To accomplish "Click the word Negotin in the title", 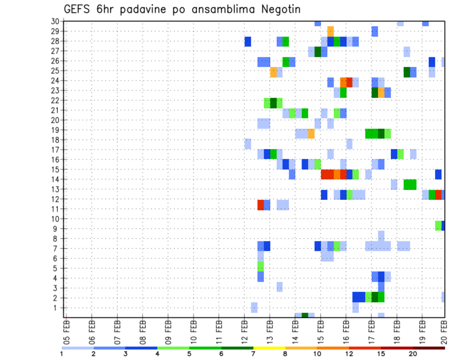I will pyautogui.click(x=276, y=10).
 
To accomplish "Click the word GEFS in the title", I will pyautogui.click(x=79, y=10).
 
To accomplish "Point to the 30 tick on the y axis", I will pyautogui.click(x=55, y=21).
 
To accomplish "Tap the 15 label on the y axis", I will pyautogui.click(x=55, y=169).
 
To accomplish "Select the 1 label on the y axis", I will pyautogui.click(x=57, y=308).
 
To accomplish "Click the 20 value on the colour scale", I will pyautogui.click(x=413, y=354).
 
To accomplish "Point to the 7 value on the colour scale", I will pyautogui.click(x=253, y=354).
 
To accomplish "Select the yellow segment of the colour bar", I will pyautogui.click(x=269, y=348).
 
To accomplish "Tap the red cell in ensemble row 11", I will pyautogui.click(x=261, y=205).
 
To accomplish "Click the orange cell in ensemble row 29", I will pyautogui.click(x=331, y=31).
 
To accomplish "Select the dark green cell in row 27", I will pyautogui.click(x=318, y=51).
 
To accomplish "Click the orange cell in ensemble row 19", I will pyautogui.click(x=311, y=133).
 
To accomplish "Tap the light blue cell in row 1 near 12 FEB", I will pyautogui.click(x=254, y=307).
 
